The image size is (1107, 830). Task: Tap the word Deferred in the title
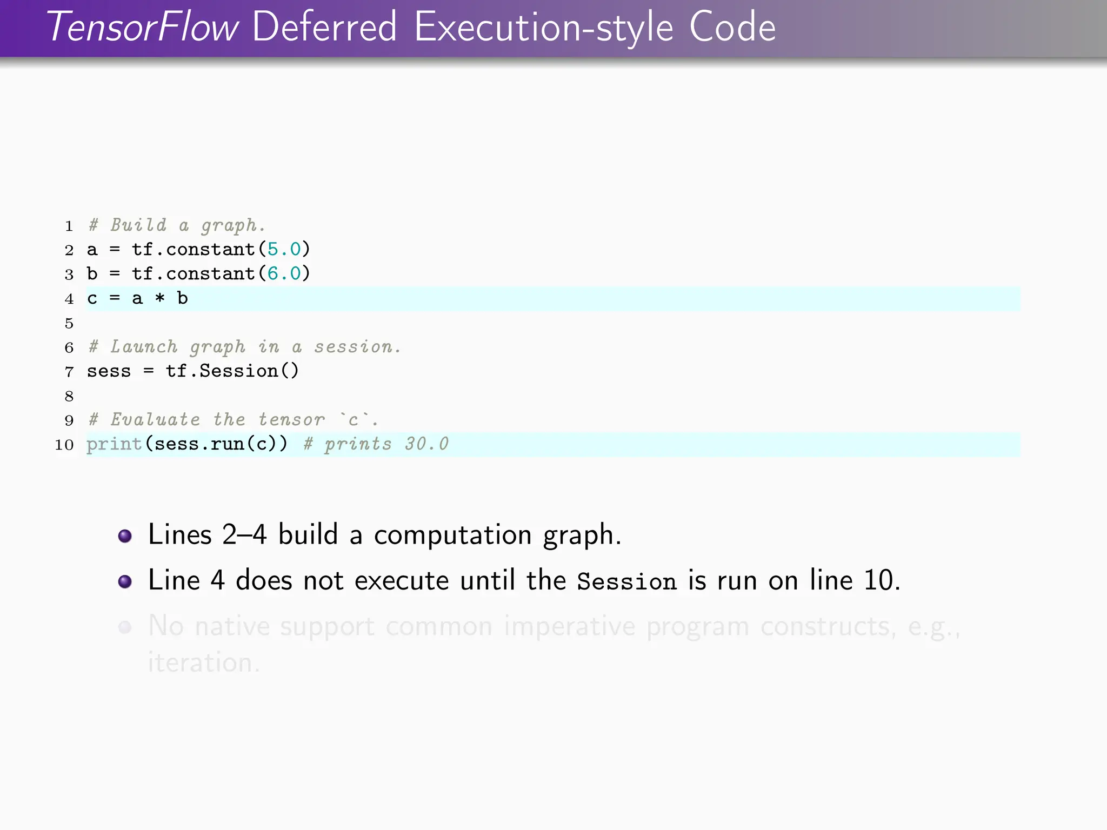click(324, 27)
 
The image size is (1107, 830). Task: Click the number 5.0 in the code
click(284, 249)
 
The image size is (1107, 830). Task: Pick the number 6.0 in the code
click(284, 273)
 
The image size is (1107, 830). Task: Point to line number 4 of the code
click(69, 299)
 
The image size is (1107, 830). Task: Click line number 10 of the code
click(64, 445)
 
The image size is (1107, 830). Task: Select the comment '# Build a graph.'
click(177, 225)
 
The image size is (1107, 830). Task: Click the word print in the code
click(114, 444)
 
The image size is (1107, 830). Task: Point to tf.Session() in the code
click(232, 371)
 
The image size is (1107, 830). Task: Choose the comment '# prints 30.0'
click(376, 444)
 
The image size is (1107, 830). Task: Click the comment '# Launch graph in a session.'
click(244, 347)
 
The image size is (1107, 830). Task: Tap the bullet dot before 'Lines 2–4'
click(125, 536)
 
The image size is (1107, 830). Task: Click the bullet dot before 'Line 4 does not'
click(125, 581)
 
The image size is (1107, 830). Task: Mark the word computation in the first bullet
click(452, 536)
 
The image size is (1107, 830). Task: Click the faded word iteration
click(204, 662)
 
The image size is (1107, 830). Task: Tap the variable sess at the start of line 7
click(109, 371)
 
